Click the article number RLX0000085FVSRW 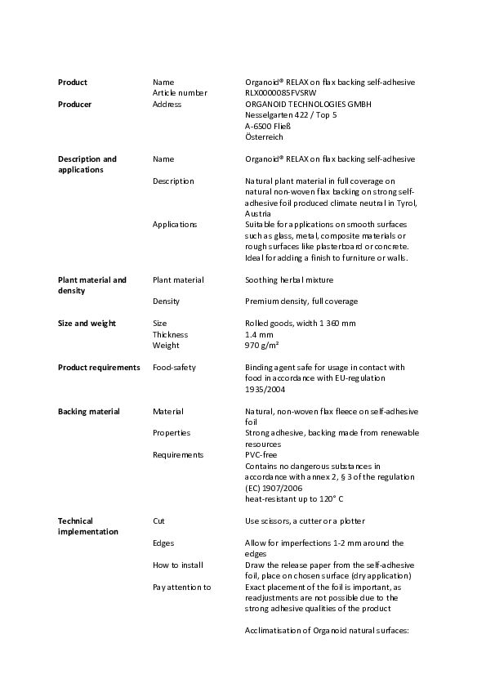(x=279, y=93)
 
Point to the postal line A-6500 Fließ (x=268, y=127)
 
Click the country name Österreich (x=264, y=137)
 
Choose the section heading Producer (x=74, y=105)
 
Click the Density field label (x=166, y=302)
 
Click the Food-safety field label (x=174, y=368)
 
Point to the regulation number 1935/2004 (x=265, y=390)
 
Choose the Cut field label (x=159, y=520)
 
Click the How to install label (x=178, y=565)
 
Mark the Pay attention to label (x=181, y=587)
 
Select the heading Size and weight (x=87, y=324)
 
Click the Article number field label (x=180, y=93)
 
